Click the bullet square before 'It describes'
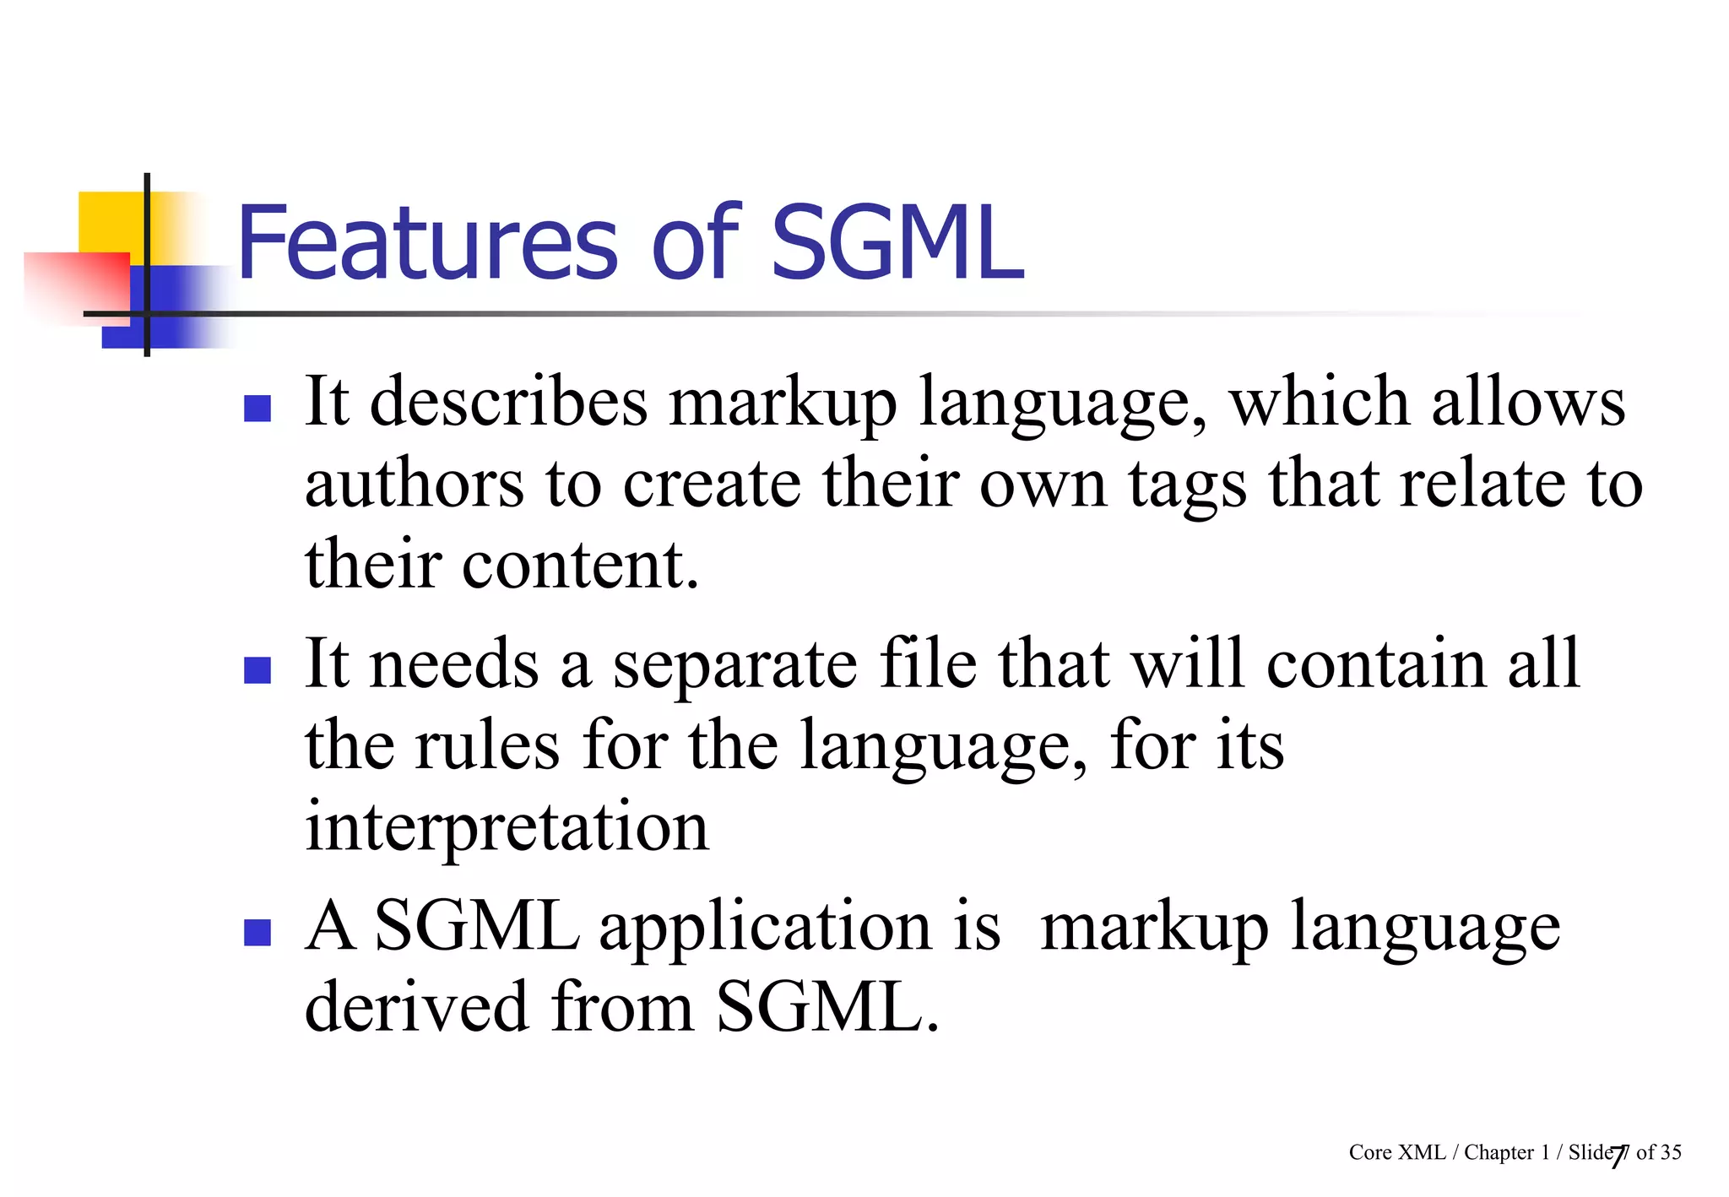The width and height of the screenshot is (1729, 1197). pos(257,409)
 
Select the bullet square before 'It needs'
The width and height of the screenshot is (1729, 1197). pos(257,670)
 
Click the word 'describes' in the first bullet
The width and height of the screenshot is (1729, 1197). pos(509,402)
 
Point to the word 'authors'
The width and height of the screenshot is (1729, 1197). pos(415,485)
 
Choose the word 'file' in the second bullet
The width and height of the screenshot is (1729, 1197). pos(927,663)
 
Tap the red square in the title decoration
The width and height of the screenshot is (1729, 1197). pos(76,287)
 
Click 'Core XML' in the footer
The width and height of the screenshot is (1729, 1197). pos(1396,1152)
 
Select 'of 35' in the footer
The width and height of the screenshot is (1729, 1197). pos(1659,1152)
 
